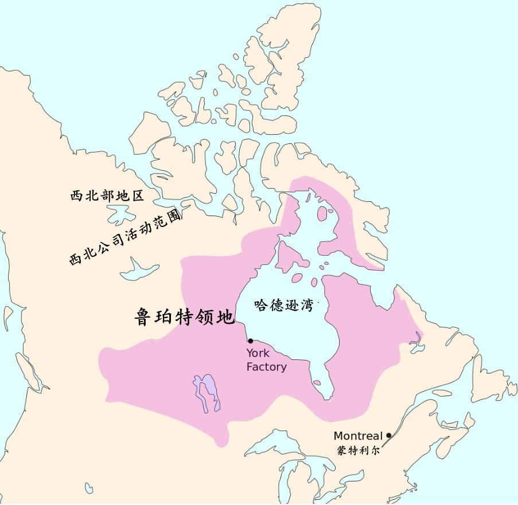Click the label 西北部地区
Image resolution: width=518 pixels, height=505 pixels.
[107, 195]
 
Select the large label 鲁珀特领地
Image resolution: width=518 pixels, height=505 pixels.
[184, 317]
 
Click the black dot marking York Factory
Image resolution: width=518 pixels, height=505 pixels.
[250, 341]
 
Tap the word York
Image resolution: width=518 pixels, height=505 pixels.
[258, 354]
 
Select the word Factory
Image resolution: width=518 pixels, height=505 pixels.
[266, 367]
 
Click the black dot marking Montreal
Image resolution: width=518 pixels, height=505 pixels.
[389, 436]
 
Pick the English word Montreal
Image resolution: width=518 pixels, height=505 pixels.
[358, 436]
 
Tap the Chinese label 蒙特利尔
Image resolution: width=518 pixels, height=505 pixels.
[359, 451]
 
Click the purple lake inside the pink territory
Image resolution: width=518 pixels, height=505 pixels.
[208, 393]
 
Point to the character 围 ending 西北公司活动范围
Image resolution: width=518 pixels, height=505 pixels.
[176, 215]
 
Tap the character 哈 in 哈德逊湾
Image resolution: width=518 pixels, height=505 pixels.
[261, 305]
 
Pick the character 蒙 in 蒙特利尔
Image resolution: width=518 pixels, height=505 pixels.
[342, 451]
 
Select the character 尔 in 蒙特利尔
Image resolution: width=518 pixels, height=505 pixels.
[375, 451]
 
